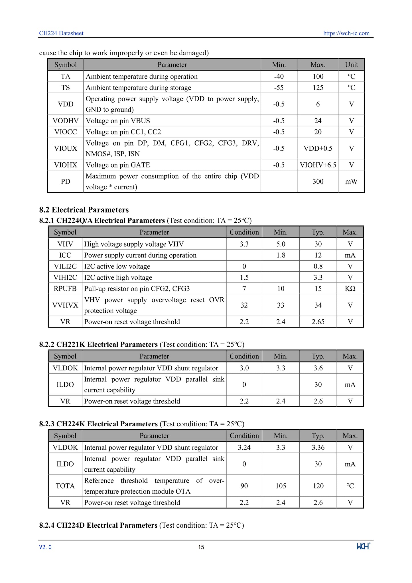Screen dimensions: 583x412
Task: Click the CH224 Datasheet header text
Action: pos(61,33)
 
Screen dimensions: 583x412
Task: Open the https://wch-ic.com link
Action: pos(346,33)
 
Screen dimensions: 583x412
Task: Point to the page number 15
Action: pos(201,547)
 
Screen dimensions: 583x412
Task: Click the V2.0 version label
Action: pos(45,547)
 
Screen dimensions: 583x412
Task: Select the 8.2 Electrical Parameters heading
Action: pos(84,210)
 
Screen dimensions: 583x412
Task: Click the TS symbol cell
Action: pos(66,88)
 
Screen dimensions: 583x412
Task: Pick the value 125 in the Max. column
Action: pos(318,88)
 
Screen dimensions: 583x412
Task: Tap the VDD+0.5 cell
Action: pos(318,148)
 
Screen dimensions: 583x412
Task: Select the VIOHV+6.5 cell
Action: pos(318,165)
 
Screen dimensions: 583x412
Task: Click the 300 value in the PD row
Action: pos(318,181)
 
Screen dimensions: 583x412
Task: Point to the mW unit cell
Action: pos(351,181)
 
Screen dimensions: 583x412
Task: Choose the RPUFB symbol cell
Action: pos(65,289)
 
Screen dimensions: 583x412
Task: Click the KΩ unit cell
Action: pos(350,289)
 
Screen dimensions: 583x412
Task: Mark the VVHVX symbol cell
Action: pos(65,305)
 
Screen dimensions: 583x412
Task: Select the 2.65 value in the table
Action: pos(318,322)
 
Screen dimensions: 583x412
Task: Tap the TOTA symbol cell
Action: pos(65,486)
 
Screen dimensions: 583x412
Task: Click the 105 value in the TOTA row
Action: pos(281,486)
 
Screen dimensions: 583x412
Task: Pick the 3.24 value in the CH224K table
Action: pos(244,447)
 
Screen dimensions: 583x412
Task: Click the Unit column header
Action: pos(351,65)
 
